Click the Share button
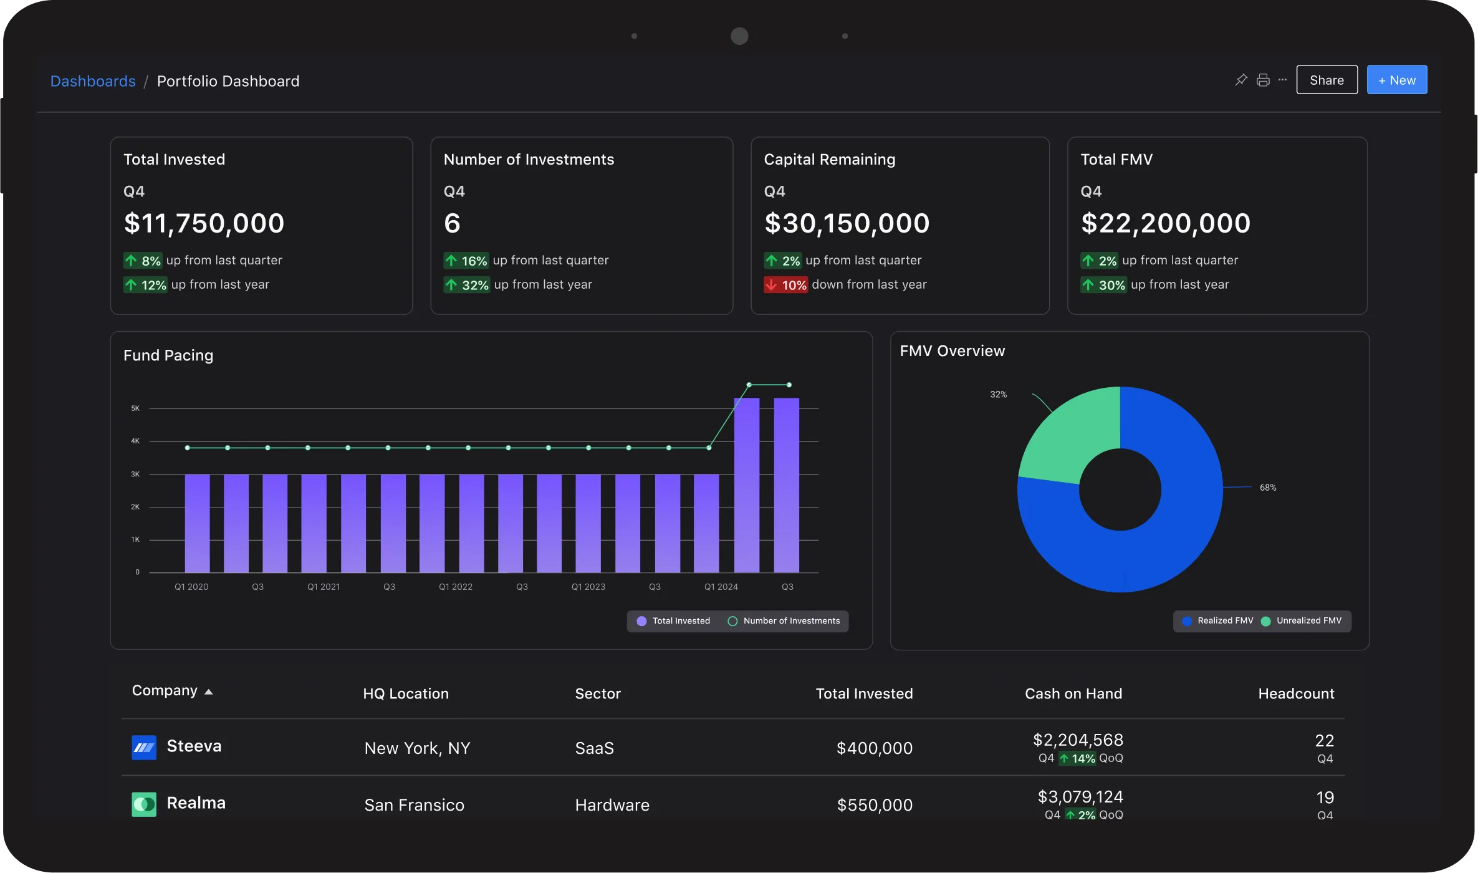coord(1327,80)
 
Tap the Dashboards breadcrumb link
coord(93,81)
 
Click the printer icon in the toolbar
coord(1263,80)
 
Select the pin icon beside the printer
coord(1241,80)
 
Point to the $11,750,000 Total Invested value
coord(204,223)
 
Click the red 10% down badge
coord(786,285)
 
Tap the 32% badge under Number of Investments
coord(467,285)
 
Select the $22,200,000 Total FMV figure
coord(1165,223)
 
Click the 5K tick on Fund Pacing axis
coord(135,408)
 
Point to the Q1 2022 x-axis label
coord(456,587)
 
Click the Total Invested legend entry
coord(673,621)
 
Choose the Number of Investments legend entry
coord(784,621)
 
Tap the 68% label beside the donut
coord(1268,488)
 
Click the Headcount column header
coord(1296,693)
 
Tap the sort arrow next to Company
coord(209,692)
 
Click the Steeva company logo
coord(144,747)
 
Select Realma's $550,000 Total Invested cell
coord(875,805)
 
